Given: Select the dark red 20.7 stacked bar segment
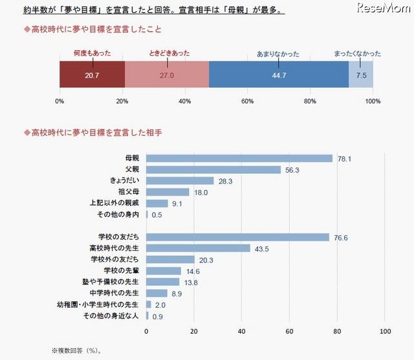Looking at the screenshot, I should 91,74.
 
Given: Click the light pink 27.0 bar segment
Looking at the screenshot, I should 167,74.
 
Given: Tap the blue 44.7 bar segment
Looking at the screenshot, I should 278,74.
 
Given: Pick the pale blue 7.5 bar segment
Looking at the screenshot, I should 361,74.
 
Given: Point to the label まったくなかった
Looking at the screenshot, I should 358,53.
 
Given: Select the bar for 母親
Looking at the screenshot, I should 239,158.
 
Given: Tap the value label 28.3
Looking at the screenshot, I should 226,181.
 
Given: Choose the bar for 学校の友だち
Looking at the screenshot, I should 237,237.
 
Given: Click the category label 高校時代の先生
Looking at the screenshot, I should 113,248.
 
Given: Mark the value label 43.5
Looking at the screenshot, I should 262,248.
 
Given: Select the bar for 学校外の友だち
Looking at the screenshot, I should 170,259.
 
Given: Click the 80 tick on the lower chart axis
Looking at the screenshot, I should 336,332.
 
